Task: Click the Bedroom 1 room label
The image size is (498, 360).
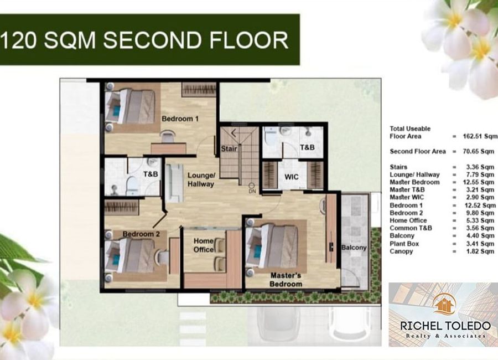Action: click(180, 119)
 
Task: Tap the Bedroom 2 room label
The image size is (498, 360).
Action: click(141, 234)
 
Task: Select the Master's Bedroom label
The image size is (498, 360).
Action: click(286, 280)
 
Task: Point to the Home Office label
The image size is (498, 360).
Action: click(204, 245)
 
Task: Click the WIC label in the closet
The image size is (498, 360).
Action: click(292, 177)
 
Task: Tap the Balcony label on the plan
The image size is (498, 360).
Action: click(354, 248)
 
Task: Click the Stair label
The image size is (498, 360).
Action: click(229, 148)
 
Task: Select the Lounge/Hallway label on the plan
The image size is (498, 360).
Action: click(201, 179)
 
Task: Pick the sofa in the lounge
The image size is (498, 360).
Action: click(174, 183)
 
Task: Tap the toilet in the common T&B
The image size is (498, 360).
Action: click(132, 186)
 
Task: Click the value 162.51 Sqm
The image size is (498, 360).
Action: click(480, 136)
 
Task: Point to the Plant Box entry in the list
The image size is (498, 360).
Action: click(404, 244)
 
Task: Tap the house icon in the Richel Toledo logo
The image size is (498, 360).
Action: click(444, 304)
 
